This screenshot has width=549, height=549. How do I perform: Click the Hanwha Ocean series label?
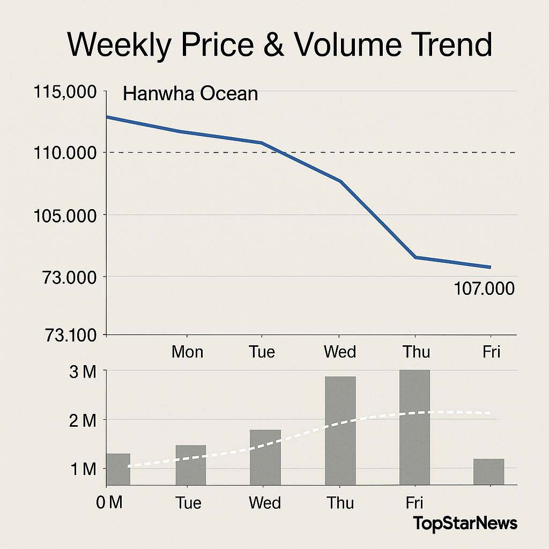pyautogui.click(x=190, y=94)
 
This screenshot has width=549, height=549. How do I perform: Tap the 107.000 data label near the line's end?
pyautogui.click(x=484, y=289)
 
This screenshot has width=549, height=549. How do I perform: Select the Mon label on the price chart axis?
pyautogui.click(x=187, y=352)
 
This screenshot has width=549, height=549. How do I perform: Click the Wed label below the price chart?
pyautogui.click(x=340, y=352)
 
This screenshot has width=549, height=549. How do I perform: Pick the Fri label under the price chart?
pyautogui.click(x=491, y=352)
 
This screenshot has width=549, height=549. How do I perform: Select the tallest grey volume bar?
pyautogui.click(x=414, y=427)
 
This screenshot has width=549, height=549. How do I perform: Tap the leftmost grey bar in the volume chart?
pyautogui.click(x=118, y=469)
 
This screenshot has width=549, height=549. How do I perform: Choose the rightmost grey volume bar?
pyautogui.click(x=488, y=472)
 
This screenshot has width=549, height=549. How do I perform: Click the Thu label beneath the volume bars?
pyautogui.click(x=341, y=503)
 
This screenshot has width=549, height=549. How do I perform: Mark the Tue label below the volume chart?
pyautogui.click(x=188, y=503)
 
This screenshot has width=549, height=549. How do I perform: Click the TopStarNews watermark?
pyautogui.click(x=465, y=523)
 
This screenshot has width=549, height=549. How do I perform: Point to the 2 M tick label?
pyautogui.click(x=83, y=420)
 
